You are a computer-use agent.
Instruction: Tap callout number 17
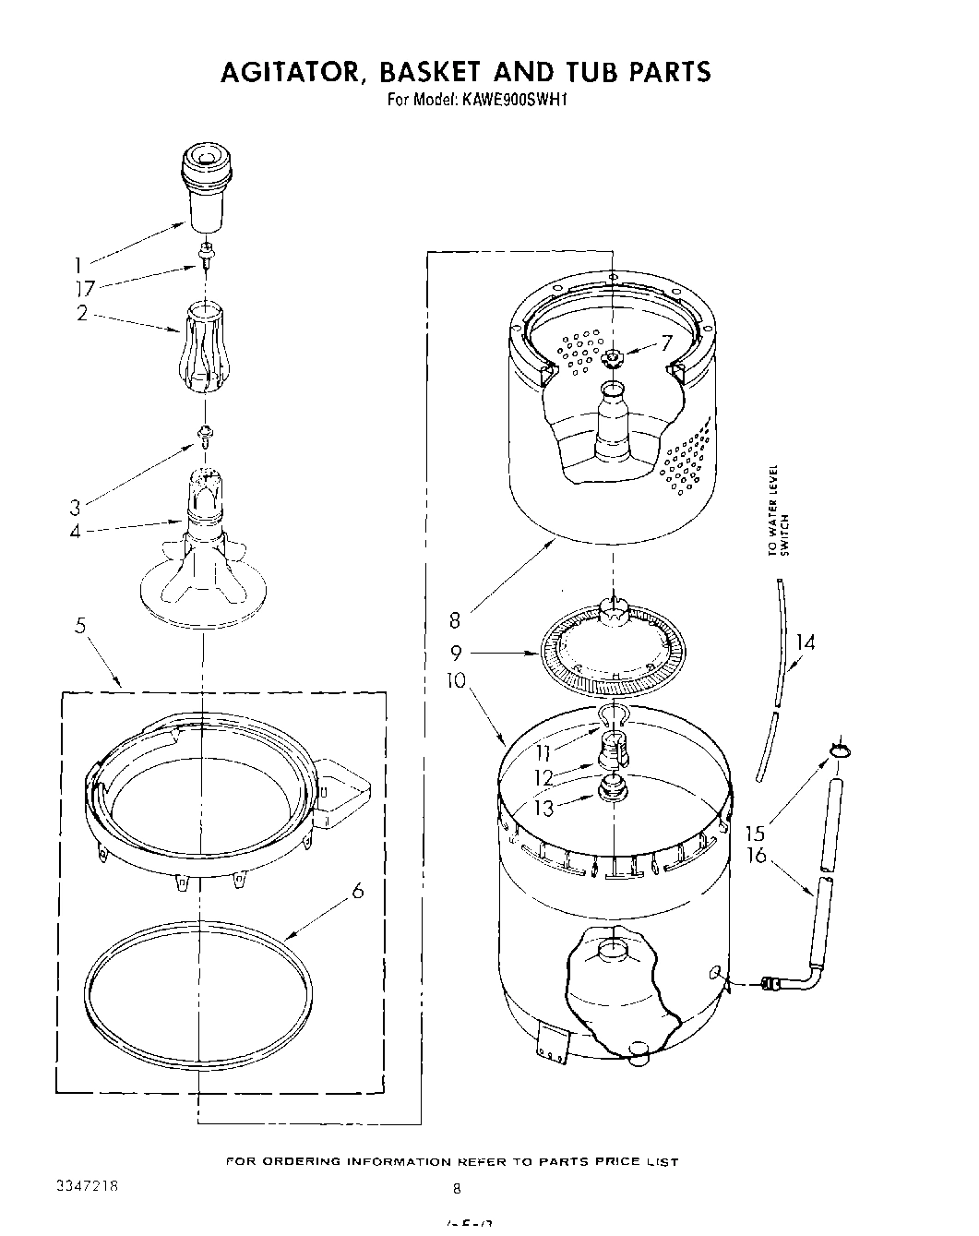(x=86, y=288)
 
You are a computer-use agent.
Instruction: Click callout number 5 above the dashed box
(x=81, y=626)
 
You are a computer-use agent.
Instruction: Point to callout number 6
(x=357, y=891)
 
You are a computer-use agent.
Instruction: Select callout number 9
(x=456, y=653)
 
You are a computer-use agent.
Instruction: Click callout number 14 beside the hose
(x=805, y=642)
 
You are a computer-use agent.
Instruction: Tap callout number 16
(x=757, y=856)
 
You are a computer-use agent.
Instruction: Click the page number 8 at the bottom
(x=457, y=1188)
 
